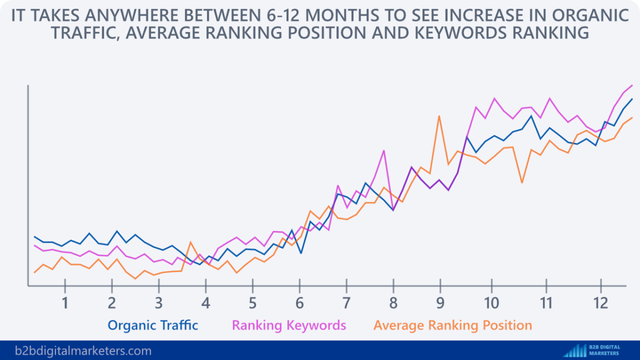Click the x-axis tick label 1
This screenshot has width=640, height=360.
[65, 303]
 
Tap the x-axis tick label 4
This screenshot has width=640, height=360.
[205, 303]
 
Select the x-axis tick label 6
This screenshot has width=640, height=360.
[300, 303]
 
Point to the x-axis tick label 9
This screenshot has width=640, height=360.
[441, 303]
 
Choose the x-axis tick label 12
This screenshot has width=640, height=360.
[601, 303]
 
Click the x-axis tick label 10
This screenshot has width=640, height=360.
[491, 303]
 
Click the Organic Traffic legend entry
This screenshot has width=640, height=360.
[153, 325]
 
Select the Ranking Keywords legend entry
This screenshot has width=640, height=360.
[289, 325]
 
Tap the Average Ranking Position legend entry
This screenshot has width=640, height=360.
[453, 325]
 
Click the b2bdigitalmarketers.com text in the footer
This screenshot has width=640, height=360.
[76, 351]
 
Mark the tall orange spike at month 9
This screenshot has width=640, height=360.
[439, 116]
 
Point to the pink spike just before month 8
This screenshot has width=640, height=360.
[383, 151]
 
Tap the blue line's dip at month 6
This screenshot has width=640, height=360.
[301, 252]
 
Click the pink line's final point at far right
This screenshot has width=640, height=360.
[632, 85]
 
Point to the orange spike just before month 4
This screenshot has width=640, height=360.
[191, 243]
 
